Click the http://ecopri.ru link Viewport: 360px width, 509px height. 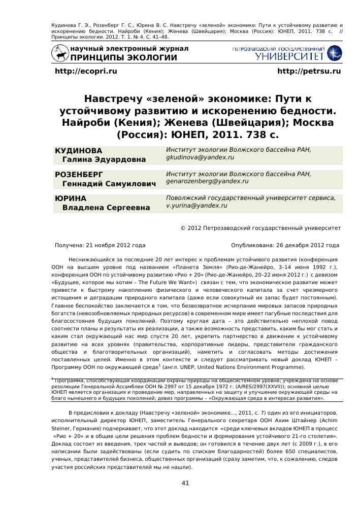pyautogui.click(x=85, y=72)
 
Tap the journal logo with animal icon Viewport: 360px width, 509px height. pyautogui.click(x=61, y=53)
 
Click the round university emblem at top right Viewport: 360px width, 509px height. pyautogui.click(x=335, y=52)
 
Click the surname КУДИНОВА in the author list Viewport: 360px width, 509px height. pyautogui.click(x=79, y=151)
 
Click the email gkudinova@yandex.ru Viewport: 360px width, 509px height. pyautogui.click(x=200, y=158)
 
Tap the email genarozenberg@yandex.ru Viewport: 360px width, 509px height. pyautogui.click(x=207, y=181)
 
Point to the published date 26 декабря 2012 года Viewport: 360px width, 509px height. pyautogui.click(x=307, y=245)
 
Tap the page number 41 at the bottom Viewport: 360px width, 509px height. pyautogui.click(x=185, y=483)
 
